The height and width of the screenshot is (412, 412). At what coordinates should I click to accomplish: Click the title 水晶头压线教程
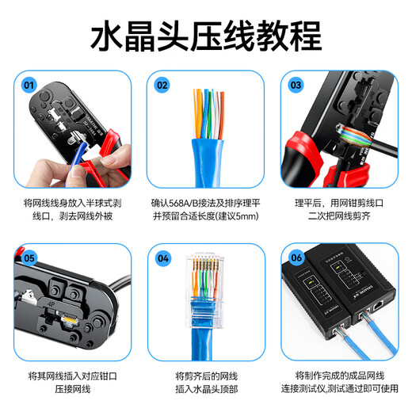click(x=206, y=36)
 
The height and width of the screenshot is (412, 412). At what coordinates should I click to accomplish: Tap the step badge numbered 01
click(x=29, y=84)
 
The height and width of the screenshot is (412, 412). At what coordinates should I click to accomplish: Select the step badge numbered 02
click(x=162, y=84)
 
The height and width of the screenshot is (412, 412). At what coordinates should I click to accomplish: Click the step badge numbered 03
click(x=296, y=84)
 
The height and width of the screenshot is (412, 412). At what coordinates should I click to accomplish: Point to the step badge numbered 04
click(x=162, y=257)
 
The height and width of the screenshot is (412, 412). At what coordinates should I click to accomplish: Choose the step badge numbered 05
click(x=29, y=257)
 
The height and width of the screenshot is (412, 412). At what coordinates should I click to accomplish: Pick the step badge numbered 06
click(x=296, y=257)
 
